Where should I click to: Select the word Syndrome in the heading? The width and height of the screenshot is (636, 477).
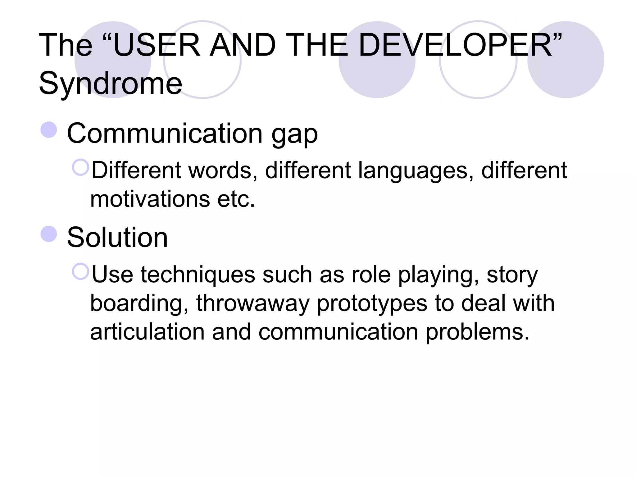coord(110,83)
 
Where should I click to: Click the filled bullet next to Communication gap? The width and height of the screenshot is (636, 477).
coord(49,130)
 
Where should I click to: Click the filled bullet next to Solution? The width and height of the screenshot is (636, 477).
coord(49,234)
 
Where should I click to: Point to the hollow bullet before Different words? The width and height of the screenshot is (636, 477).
coord(80,167)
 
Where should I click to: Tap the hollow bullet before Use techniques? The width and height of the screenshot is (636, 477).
coord(80,271)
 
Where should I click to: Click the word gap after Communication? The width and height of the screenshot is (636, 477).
coord(294,134)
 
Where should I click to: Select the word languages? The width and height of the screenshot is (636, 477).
coord(416,170)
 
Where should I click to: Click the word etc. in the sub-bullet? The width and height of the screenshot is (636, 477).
coord(236,199)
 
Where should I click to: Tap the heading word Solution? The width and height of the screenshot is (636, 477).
coord(117,238)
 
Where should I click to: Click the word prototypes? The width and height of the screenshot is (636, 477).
coord(372,304)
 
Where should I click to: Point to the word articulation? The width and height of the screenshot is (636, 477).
coord(147,332)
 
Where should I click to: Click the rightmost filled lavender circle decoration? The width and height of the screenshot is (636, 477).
coord(566,60)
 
